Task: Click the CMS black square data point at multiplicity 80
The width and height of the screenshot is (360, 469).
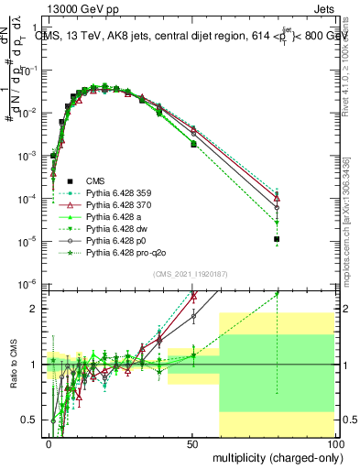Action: (x=277, y=239)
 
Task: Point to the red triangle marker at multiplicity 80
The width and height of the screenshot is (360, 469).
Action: (x=277, y=198)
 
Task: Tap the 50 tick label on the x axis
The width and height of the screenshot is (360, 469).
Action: (x=191, y=442)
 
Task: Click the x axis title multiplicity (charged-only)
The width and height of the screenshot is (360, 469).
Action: (x=274, y=457)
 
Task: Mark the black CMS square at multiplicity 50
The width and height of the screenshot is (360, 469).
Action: (x=193, y=145)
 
